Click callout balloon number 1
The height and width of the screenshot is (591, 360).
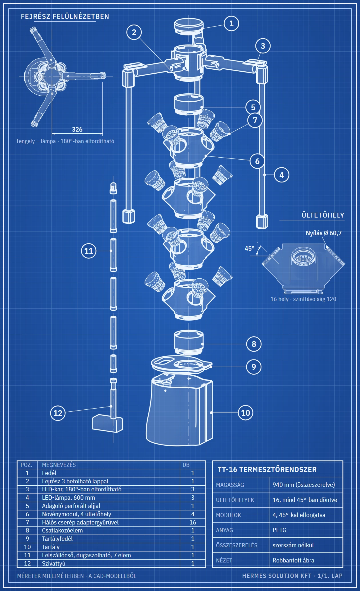coord(231,23)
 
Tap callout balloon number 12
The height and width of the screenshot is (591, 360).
coord(58,413)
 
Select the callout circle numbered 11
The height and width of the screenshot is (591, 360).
coord(89,251)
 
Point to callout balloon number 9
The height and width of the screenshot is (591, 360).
coord(254,367)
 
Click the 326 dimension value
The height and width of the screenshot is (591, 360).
coord(77,129)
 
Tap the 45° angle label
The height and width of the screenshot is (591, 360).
coord(249,248)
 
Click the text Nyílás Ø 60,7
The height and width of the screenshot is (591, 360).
coord(324,233)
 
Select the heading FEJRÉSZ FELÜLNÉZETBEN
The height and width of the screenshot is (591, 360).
coord(65,17)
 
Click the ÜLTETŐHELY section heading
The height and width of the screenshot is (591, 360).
coord(323,215)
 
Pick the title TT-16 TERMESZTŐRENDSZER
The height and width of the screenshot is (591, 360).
coord(267,469)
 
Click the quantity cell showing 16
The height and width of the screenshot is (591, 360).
coord(193,522)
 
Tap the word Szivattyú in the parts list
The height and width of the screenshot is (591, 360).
coord(54,564)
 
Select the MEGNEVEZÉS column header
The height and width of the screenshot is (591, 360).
coord(59,465)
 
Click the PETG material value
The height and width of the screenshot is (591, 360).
coord(279,530)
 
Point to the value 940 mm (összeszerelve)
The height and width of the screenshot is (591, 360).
coord(304,485)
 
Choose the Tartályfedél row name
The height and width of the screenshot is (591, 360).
coord(57,539)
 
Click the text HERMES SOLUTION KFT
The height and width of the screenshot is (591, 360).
coord(277,576)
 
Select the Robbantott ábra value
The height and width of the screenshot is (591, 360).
coord(293,560)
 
